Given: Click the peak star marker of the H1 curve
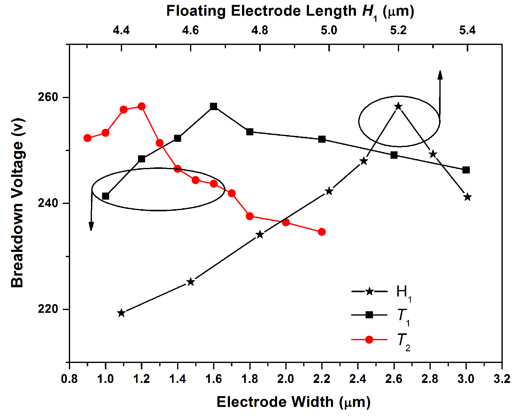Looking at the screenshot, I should pos(398,106).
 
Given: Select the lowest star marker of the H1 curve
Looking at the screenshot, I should pos(121,313).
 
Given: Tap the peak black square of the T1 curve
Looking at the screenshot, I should pos(214,106).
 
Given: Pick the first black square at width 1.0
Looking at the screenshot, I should pos(105,196).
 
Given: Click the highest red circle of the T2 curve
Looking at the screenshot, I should pos(141,106).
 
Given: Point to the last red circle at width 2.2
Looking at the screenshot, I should pos(322,232).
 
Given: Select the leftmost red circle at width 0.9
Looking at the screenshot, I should pos(88,138).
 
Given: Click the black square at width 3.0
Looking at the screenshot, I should pos(466,170).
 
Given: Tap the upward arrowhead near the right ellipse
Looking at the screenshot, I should pos(440,75).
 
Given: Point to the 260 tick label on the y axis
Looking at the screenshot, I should pos(48,97).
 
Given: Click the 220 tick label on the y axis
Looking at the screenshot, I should pos(48,309).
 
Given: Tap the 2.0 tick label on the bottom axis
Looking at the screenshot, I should pos(286,379).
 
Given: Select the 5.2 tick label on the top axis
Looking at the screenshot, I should pos(398,30).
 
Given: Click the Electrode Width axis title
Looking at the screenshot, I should pos(293,402).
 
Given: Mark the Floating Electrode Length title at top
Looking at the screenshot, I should pos(290,11).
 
